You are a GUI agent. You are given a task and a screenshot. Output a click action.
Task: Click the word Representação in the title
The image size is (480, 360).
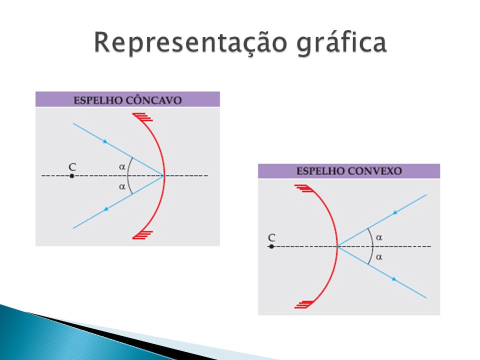(x=190, y=43)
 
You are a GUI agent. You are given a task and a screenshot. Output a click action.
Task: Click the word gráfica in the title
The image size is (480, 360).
(x=341, y=43)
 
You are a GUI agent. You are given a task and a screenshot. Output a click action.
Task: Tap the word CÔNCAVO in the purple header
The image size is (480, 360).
(x=153, y=100)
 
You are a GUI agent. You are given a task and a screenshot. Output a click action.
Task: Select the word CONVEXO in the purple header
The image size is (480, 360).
(x=375, y=171)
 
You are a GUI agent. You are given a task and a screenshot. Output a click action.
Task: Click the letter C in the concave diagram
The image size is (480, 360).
(x=72, y=167)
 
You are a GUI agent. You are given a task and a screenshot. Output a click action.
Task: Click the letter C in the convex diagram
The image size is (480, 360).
(x=271, y=237)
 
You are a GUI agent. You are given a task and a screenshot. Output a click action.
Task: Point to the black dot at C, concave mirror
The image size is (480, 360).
(x=72, y=176)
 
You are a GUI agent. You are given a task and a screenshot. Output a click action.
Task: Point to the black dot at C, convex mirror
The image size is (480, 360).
(x=271, y=246)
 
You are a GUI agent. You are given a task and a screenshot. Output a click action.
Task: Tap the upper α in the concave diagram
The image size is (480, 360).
(x=122, y=167)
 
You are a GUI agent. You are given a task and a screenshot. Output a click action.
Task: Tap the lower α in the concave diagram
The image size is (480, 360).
(x=122, y=186)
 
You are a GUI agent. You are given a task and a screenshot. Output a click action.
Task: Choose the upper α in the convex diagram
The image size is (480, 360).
(x=379, y=237)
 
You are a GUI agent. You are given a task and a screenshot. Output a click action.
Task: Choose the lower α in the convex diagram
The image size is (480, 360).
(x=379, y=257)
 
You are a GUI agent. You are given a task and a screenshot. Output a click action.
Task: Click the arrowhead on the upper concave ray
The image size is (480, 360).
(x=105, y=141)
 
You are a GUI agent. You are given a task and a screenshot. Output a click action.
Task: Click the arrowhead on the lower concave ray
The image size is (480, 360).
(x=106, y=209)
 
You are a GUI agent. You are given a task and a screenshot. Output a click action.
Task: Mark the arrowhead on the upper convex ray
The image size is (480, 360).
(x=395, y=212)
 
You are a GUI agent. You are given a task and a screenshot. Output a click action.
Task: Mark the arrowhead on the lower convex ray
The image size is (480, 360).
(x=394, y=279)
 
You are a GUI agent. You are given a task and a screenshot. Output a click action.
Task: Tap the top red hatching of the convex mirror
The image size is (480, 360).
(x=303, y=188)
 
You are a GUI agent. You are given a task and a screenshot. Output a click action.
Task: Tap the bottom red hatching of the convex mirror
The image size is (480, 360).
(x=303, y=304)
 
